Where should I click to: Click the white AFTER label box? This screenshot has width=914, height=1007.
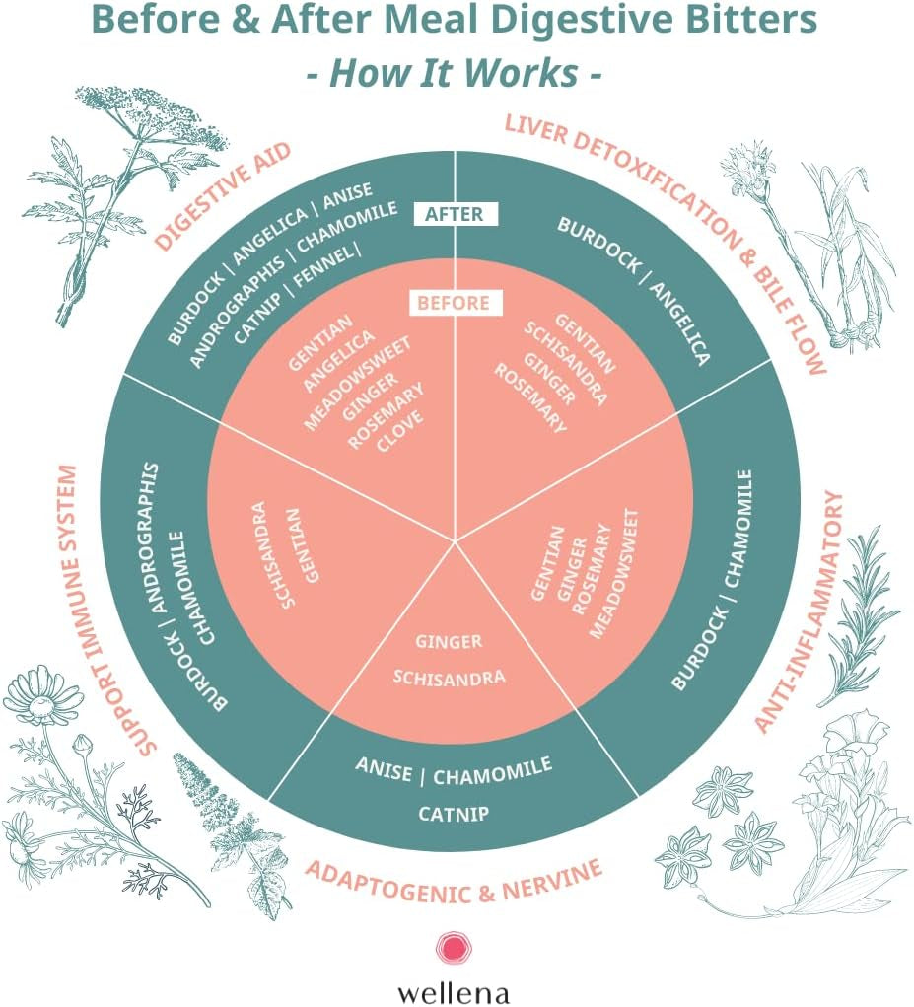[455, 214]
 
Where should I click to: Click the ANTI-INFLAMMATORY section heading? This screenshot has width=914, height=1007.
[801, 612]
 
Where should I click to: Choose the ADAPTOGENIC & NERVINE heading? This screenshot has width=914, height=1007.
[454, 872]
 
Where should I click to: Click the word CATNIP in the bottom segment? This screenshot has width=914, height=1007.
[455, 815]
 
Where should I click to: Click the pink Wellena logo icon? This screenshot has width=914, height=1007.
[454, 949]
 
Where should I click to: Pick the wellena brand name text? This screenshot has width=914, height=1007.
[454, 989]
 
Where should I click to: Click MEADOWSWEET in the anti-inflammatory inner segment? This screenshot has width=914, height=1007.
[614, 573]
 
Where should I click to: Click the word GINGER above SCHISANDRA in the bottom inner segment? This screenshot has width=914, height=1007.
[449, 642]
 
